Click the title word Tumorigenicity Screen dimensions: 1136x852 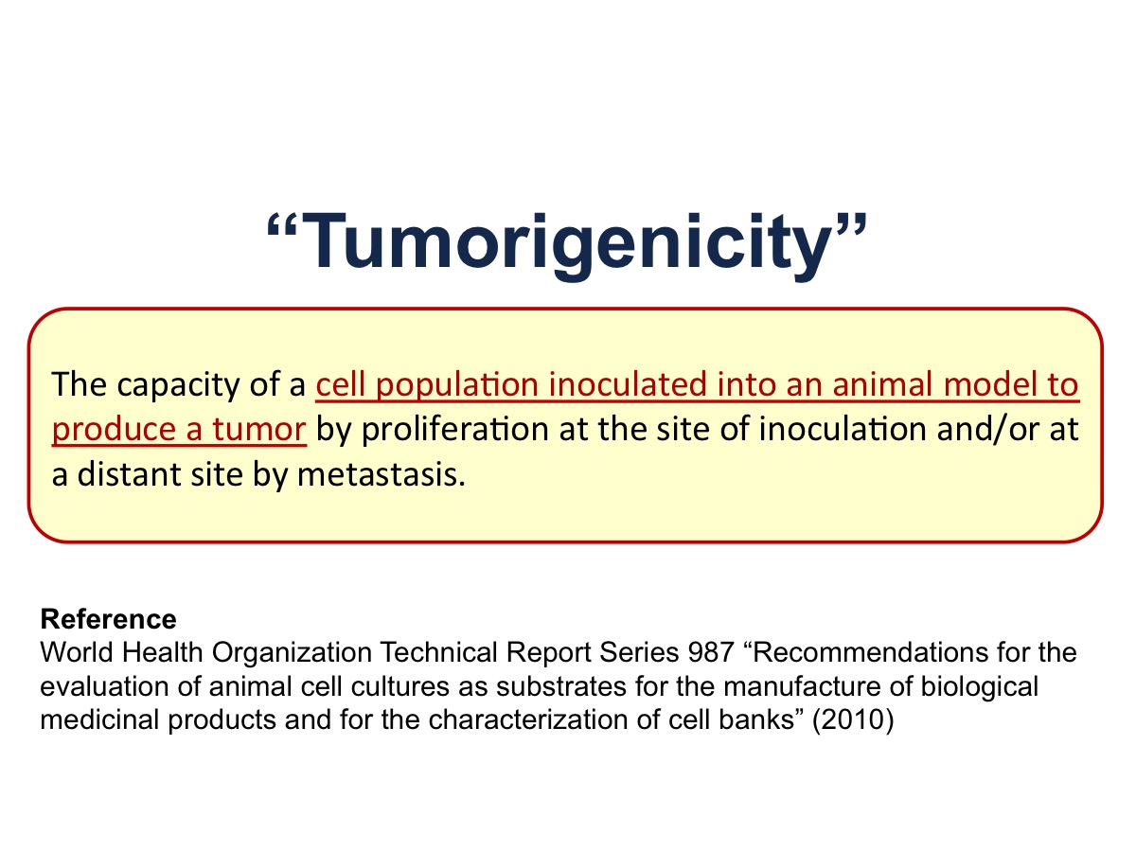pyautogui.click(x=567, y=243)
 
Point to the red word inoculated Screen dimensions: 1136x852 pyautogui.click(x=628, y=384)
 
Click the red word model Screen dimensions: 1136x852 pyautogui.click(x=990, y=384)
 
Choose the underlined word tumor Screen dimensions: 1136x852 pyautogui.click(x=259, y=431)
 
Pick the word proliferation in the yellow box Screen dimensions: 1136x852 pyautogui.click(x=455, y=431)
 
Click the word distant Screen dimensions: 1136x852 pyautogui.click(x=129, y=475)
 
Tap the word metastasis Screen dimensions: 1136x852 pyautogui.click(x=382, y=475)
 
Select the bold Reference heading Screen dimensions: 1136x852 pyautogui.click(x=109, y=619)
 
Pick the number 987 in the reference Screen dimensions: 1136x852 pyautogui.click(x=711, y=652)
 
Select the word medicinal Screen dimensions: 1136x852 pyautogui.click(x=99, y=719)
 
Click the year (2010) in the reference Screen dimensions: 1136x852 pyautogui.click(x=853, y=720)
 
